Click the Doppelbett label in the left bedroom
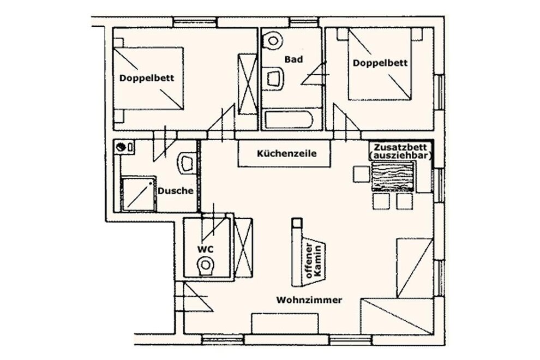pos(147,78)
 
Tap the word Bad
pos(293,59)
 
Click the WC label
pos(205,249)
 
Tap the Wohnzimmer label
pos(309,300)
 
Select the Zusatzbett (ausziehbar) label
pos(401,152)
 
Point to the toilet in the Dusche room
pos(187,162)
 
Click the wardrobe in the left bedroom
pos(248,85)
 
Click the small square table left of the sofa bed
pos(361,174)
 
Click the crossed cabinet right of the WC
pos(243,247)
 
